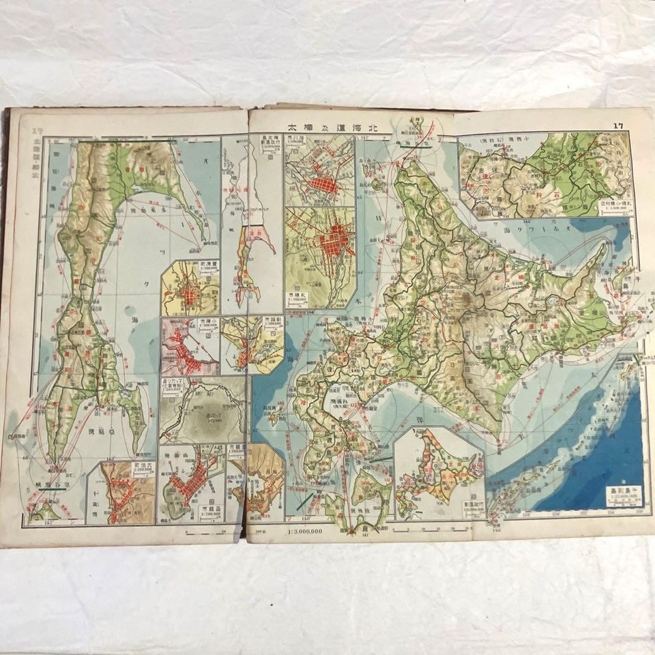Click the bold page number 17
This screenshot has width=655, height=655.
(618, 125)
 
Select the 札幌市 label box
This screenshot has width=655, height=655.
(297, 298)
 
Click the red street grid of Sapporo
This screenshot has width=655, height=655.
(334, 242)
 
